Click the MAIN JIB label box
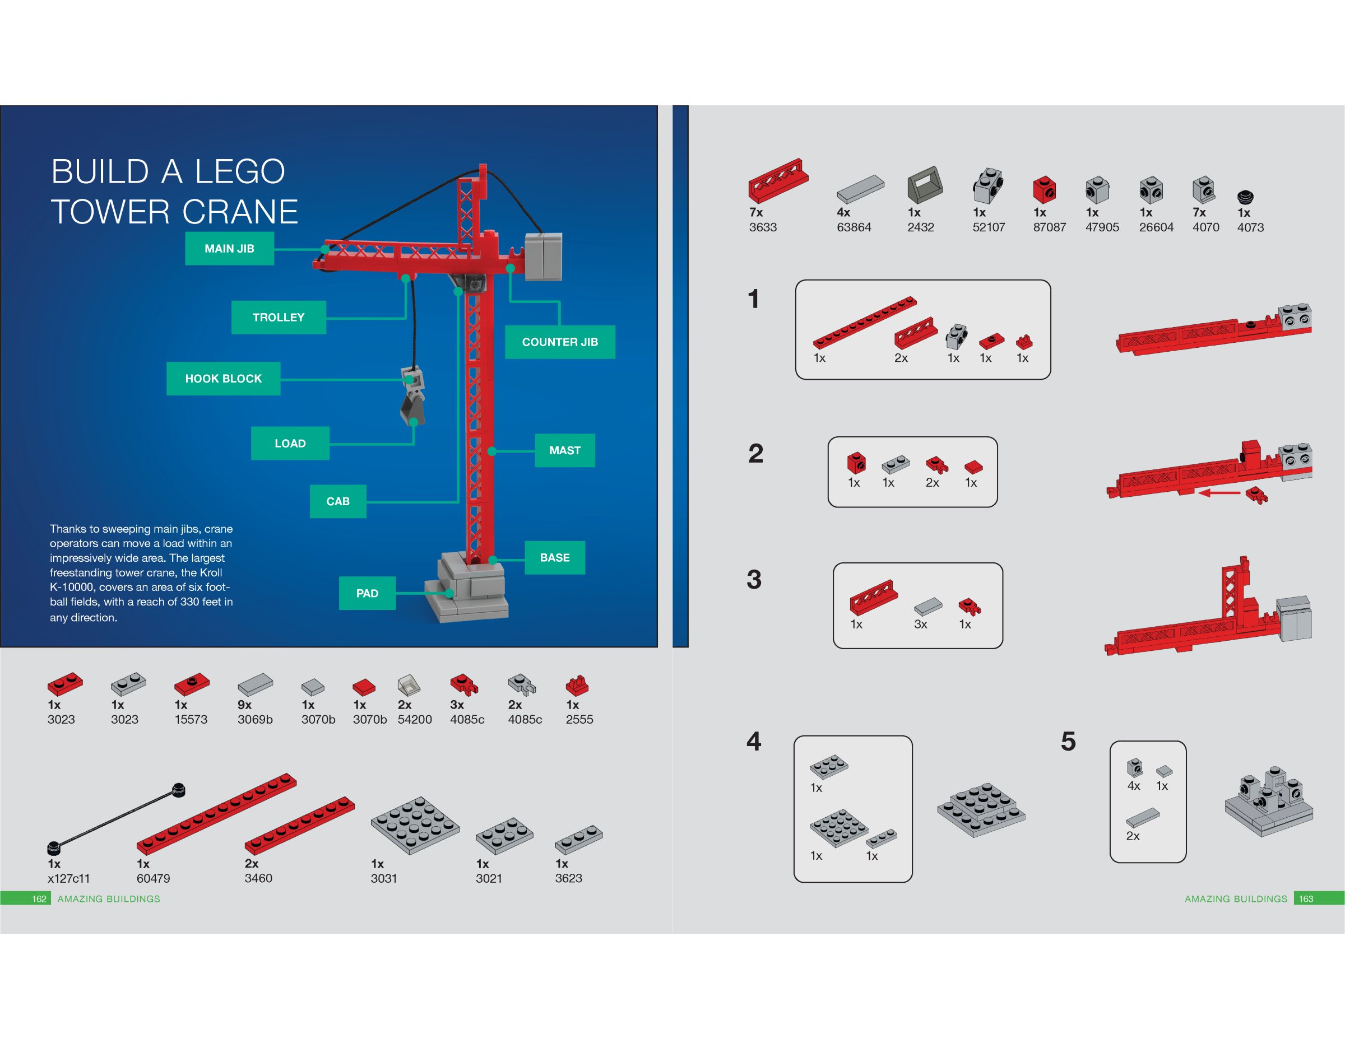[229, 249]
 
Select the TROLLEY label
[279, 317]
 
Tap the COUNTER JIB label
[560, 342]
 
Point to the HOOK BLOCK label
[223, 379]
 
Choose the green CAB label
[337, 501]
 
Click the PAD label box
[367, 593]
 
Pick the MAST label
[565, 450]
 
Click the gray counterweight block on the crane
[543, 256]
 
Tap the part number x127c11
[68, 878]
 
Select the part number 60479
[154, 878]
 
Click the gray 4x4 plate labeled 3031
[415, 826]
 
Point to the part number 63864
[854, 227]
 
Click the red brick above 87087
[1045, 189]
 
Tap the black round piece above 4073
[1245, 197]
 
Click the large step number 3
[754, 579]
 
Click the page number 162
[39, 898]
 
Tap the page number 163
[1306, 898]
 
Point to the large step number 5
[1068, 741]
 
